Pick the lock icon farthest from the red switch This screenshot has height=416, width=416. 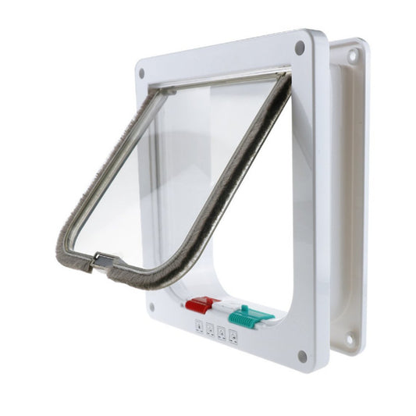pos(233,337)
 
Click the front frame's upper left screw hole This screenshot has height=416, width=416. pos(141,73)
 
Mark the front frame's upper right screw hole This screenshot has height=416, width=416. pos(300,47)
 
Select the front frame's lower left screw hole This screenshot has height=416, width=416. pos(151,307)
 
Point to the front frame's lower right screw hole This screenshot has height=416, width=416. pos(301,356)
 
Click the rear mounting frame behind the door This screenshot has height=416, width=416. pos(347,195)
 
